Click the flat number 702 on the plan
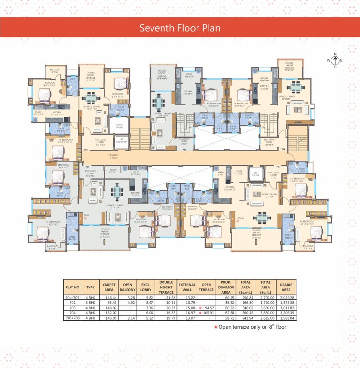(x=86, y=150)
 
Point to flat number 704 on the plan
(x=283, y=149)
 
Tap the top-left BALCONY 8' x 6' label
(x=55, y=71)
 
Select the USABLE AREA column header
(x=286, y=287)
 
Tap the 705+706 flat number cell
(x=72, y=318)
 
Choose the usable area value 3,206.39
(x=286, y=312)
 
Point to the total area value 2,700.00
(x=266, y=297)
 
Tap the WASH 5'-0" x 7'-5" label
(x=38, y=114)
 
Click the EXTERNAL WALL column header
(x=187, y=287)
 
